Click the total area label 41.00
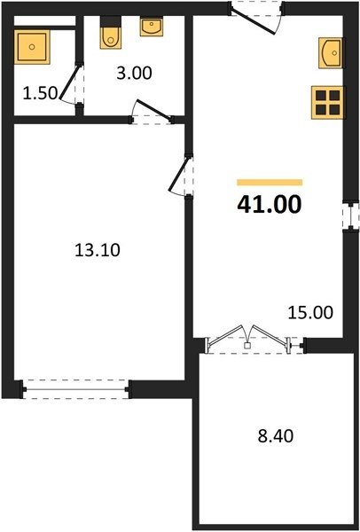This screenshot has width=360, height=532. pyautogui.click(x=269, y=205)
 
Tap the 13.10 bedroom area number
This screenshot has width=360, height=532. pyautogui.click(x=97, y=250)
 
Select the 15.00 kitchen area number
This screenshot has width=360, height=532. pyautogui.click(x=310, y=312)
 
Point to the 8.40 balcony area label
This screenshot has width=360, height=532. pyautogui.click(x=275, y=436)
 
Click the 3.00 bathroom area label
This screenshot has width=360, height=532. pyautogui.click(x=134, y=74)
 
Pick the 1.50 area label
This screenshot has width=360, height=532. pyautogui.click(x=41, y=93)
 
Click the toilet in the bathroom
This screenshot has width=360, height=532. pyautogui.click(x=110, y=38)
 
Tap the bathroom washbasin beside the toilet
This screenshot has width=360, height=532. pyautogui.click(x=152, y=27)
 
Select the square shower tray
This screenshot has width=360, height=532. pyautogui.click(x=32, y=47)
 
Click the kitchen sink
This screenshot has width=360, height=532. pyautogui.click(x=330, y=53)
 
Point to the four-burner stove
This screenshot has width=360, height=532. pyautogui.click(x=327, y=103)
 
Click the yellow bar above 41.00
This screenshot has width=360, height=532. pyautogui.click(x=270, y=183)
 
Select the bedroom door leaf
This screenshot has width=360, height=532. pyautogui.click(x=178, y=173)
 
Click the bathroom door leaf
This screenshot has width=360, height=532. pyautogui.click(x=153, y=109)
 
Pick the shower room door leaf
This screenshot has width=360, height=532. pyautogui.click(x=70, y=82)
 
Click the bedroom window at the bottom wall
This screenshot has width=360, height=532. pyautogui.click(x=75, y=389)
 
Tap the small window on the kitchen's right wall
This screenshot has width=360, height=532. pyautogui.click(x=350, y=215)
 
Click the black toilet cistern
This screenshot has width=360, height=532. pyautogui.click(x=110, y=21)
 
